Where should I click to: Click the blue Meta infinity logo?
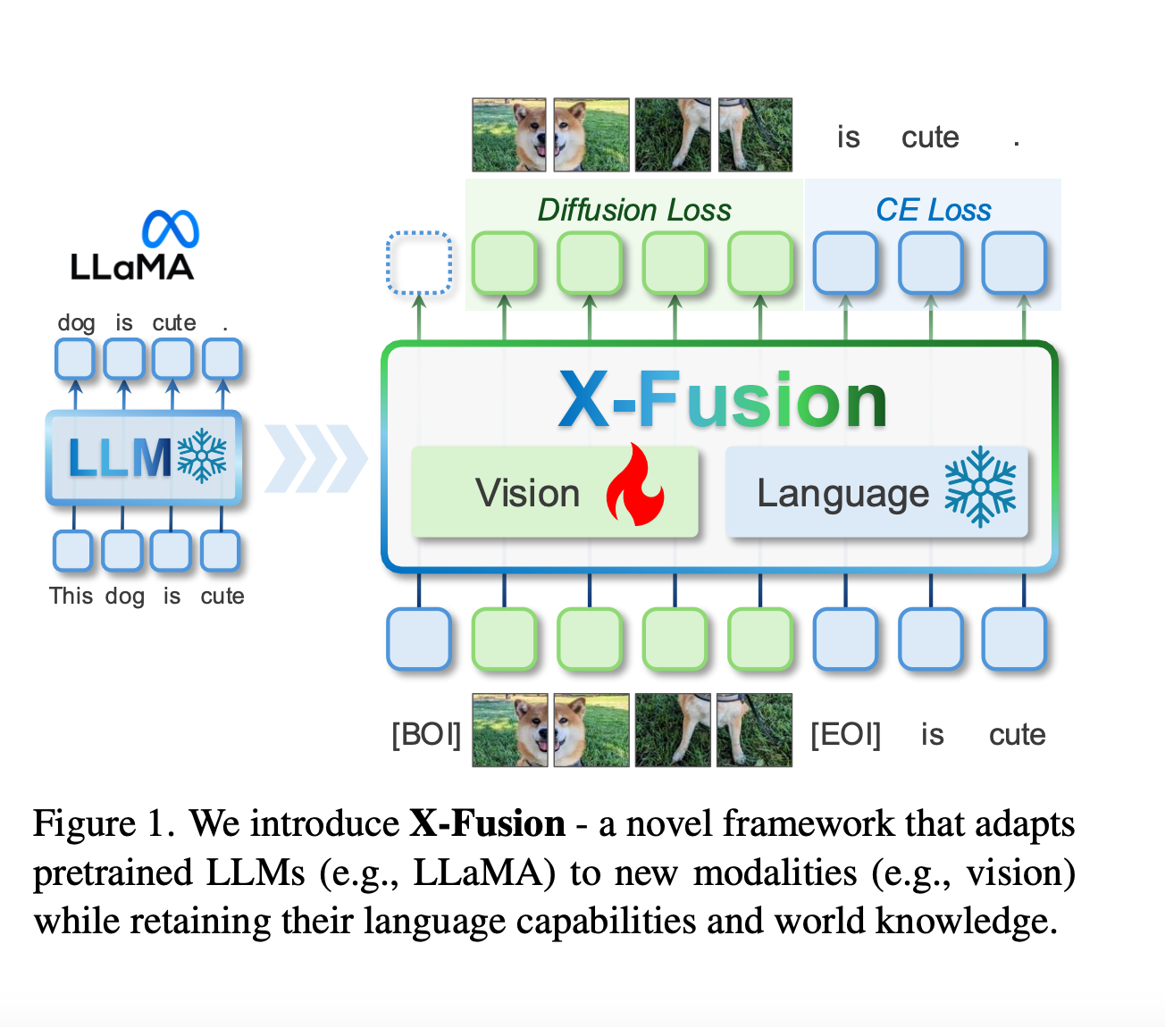(171, 228)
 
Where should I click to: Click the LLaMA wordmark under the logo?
(131, 267)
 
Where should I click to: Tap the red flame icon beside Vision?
(635, 485)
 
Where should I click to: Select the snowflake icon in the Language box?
(980, 486)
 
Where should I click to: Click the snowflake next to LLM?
(202, 455)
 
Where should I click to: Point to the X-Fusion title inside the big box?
(723, 400)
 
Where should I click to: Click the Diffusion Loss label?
(634, 210)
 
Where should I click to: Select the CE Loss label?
(934, 210)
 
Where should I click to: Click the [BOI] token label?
(426, 734)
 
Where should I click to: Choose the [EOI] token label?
(845, 734)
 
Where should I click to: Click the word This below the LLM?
(71, 596)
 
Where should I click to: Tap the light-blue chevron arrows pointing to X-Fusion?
(315, 458)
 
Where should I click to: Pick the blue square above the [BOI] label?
(419, 639)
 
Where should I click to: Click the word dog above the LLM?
(76, 323)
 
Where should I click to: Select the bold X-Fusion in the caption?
(487, 823)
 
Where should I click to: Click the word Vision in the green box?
(527, 493)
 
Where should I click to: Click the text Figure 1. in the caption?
(104, 823)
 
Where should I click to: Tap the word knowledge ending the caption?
(966, 922)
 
